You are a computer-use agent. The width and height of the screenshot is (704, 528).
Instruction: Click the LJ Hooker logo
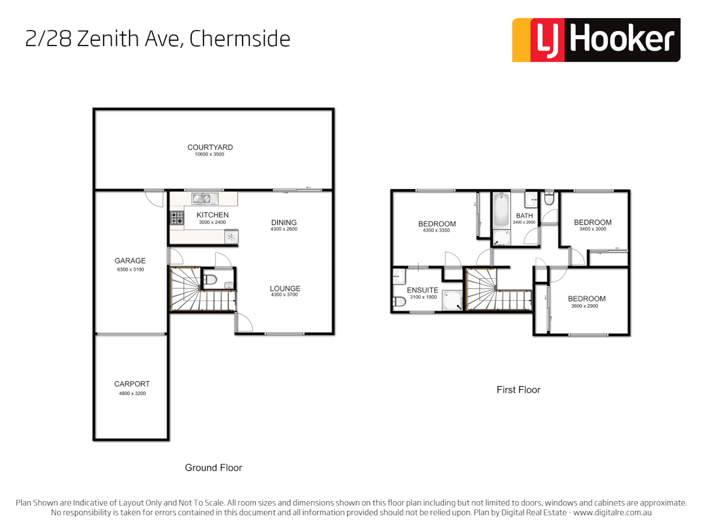point(596,40)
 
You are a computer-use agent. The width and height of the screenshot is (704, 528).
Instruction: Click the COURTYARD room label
point(210,147)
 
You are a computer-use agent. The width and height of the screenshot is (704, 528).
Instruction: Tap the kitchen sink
point(205,198)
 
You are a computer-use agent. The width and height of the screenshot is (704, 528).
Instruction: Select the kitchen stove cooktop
point(177,218)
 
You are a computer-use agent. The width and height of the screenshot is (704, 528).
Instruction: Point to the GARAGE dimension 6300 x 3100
point(131,269)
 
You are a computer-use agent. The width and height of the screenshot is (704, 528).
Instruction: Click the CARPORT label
point(132,384)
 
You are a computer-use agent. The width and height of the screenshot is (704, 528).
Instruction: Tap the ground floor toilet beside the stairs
point(210,280)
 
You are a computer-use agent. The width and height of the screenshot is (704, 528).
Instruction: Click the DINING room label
point(284,222)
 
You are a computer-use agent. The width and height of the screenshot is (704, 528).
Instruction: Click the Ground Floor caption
point(213,468)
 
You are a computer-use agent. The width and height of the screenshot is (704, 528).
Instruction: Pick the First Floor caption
point(518,390)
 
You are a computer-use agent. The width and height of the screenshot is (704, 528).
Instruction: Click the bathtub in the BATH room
point(501,210)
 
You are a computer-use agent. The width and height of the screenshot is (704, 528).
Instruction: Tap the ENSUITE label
point(422,290)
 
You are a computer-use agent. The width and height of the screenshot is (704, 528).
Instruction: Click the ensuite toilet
point(400,302)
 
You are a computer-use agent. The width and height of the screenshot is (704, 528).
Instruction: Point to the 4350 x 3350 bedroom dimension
point(436,230)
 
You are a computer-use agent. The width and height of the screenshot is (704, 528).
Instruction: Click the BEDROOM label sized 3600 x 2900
point(587,299)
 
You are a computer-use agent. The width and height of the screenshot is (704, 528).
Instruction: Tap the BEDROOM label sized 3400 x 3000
point(593,222)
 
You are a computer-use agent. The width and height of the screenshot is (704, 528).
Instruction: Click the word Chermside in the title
point(240,39)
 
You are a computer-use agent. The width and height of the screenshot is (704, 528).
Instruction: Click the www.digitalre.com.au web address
point(612,513)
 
